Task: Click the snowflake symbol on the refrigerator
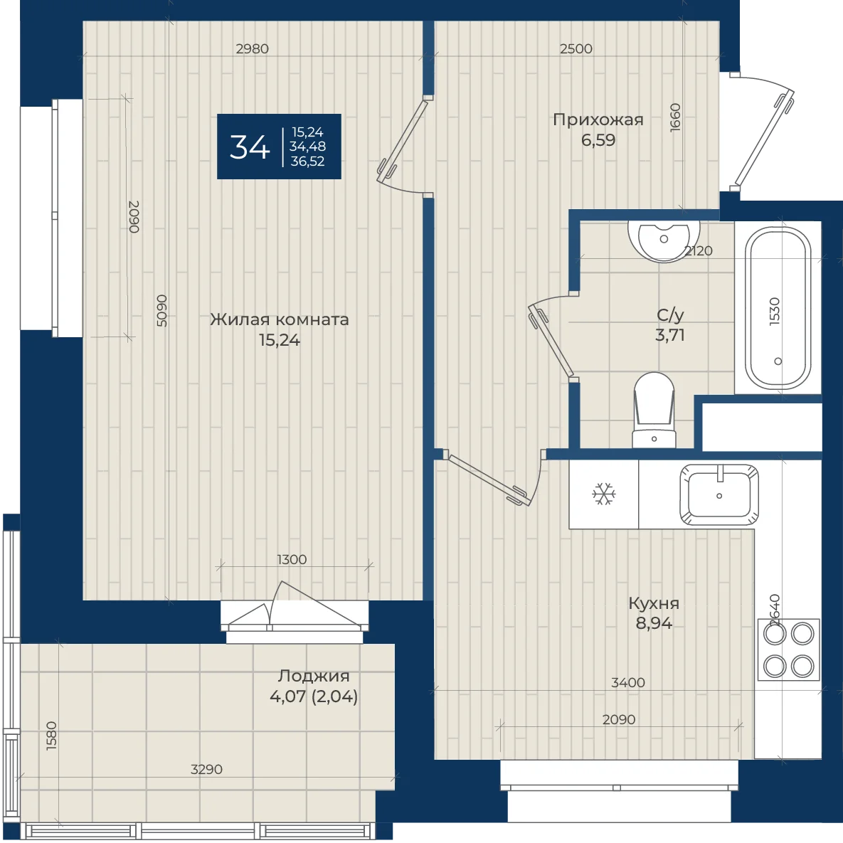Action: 604,494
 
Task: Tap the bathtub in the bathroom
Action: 778,307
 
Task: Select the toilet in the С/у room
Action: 654,410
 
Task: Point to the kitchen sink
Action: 719,494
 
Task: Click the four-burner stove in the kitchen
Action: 789,650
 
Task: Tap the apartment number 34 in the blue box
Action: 250,147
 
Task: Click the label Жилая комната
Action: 279,319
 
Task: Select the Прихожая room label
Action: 598,120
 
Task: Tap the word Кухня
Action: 654,603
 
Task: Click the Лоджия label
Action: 314,676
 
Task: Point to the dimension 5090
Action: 161,310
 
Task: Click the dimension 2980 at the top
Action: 252,48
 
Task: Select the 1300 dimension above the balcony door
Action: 292,559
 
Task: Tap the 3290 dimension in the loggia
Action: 206,769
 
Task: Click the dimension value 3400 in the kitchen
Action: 628,682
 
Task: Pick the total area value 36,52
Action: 307,161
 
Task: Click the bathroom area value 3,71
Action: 670,335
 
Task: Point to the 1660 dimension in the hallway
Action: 675,117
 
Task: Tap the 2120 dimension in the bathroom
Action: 699,250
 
